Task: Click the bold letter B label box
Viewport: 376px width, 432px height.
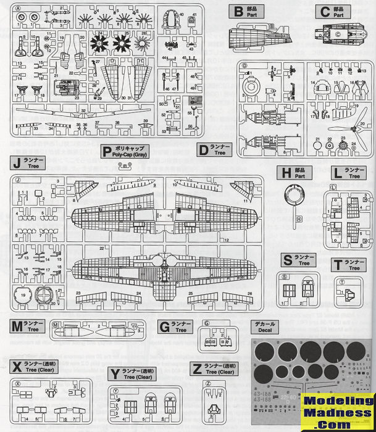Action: [236, 12]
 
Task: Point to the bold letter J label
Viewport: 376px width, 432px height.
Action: [17, 164]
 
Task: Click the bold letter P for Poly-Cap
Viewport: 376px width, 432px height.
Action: [108, 151]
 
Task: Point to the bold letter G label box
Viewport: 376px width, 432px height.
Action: [164, 326]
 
